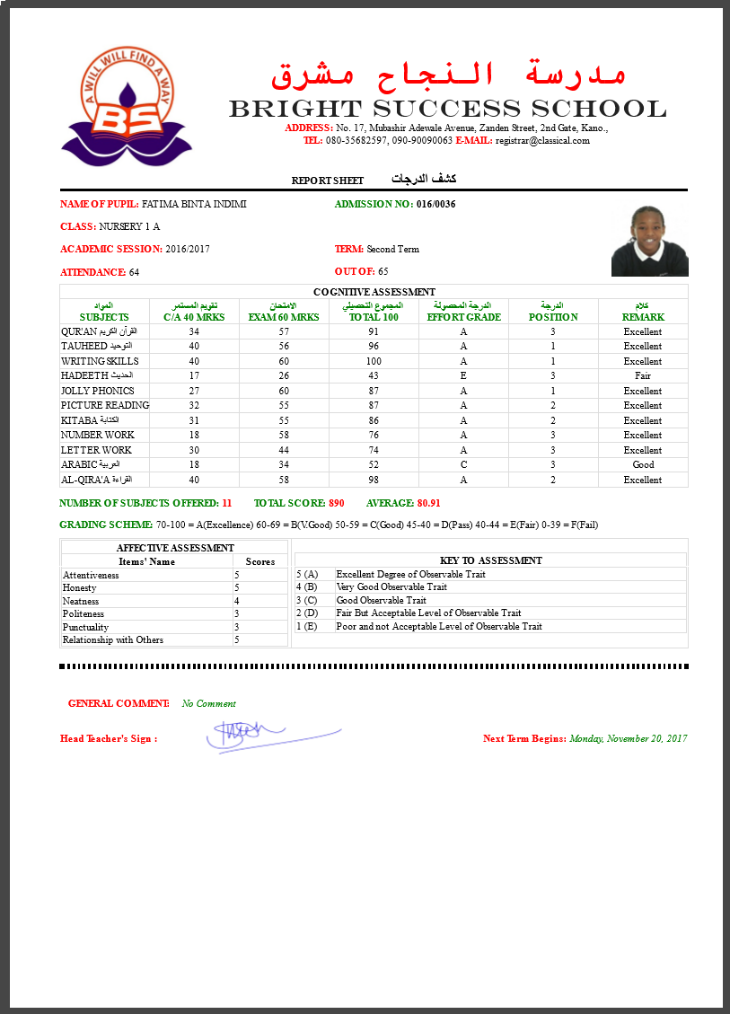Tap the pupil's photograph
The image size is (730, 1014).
[649, 241]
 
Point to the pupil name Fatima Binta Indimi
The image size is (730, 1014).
[194, 205]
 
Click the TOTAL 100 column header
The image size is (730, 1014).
[374, 317]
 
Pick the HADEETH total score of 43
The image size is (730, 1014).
[374, 376]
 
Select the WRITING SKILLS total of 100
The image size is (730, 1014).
[374, 361]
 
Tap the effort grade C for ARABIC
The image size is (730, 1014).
[463, 465]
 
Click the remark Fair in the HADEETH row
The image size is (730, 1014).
[643, 376]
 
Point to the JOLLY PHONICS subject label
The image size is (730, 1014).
[98, 392]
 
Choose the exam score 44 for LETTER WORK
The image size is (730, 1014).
[284, 450]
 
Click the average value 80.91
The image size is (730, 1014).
[429, 504]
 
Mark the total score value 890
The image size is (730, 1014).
[337, 504]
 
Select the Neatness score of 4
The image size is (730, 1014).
[237, 601]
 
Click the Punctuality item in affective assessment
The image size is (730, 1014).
[86, 628]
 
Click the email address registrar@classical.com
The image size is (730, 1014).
[542, 141]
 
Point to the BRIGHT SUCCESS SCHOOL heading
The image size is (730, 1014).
[447, 110]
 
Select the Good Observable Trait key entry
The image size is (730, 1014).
[381, 601]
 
